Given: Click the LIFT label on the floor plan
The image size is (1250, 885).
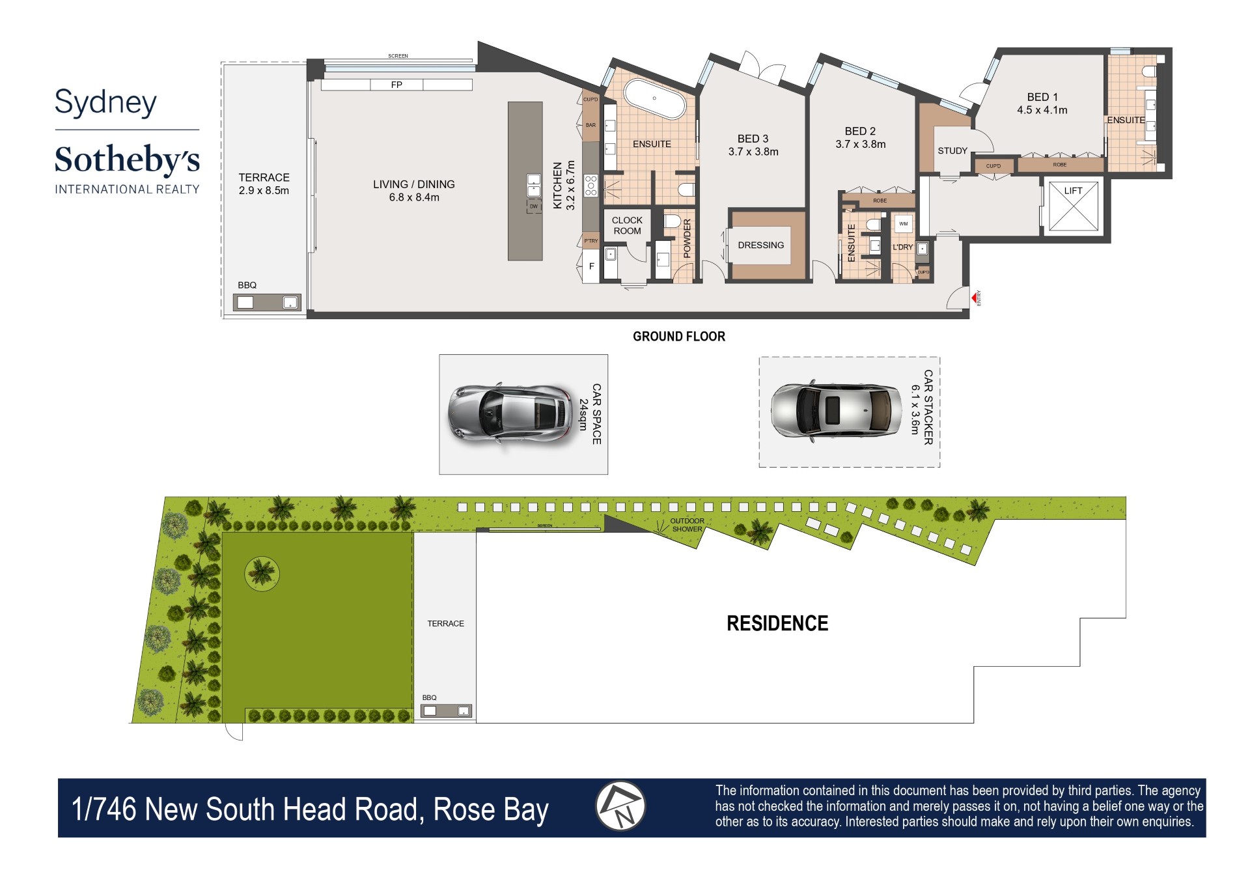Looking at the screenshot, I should point(1072,191).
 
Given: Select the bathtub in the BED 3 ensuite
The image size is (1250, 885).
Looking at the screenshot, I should point(654,99).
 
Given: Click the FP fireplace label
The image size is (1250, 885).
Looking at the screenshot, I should point(396,85).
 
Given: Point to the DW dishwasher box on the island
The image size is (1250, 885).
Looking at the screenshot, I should point(534,206).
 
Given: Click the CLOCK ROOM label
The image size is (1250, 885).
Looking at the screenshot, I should point(627,225).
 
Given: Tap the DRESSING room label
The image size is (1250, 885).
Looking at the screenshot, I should point(760,245).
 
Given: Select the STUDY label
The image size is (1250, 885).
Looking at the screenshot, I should point(952,150).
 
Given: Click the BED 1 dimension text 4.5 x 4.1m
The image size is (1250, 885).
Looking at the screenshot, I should point(1042,110).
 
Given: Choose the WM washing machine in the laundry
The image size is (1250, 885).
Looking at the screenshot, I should point(903,224).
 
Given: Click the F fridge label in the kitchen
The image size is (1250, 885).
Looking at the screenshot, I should point(591,266).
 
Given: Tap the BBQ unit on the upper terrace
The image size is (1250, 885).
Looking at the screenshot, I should point(267,302).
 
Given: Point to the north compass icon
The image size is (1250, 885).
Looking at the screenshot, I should point(620,806).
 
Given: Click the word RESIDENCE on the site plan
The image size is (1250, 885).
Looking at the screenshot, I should point(777,623).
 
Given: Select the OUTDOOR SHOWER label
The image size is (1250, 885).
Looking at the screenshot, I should point(687,525).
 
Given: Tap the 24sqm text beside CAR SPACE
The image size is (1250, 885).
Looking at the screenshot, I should point(583,414).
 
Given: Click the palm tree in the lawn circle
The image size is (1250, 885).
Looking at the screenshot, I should point(262,573).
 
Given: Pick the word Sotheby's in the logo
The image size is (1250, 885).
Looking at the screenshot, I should point(127,160).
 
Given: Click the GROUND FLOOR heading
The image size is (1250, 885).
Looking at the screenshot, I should point(678,336).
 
